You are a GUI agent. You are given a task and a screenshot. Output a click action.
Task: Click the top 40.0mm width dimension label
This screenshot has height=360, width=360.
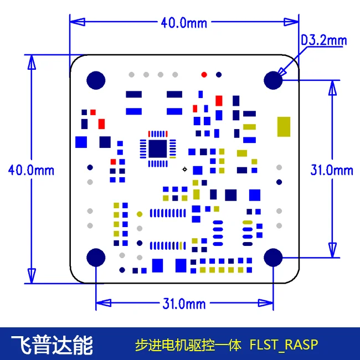click(184, 23)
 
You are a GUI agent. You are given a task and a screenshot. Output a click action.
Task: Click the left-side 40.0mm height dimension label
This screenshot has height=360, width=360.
click(31, 171)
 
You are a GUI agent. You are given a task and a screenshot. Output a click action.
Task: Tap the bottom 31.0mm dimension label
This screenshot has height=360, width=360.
click(184, 304)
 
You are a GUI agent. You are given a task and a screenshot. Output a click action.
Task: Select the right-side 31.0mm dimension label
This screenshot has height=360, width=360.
click(332, 171)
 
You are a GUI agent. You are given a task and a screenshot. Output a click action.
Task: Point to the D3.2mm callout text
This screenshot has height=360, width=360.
click(324, 40)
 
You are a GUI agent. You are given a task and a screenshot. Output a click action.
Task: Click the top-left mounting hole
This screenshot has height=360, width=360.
click(96, 80)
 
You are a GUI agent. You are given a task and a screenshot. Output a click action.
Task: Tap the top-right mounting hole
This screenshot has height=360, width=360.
click(273, 80)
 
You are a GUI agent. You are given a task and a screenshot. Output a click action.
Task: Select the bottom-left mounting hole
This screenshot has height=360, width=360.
click(96, 258)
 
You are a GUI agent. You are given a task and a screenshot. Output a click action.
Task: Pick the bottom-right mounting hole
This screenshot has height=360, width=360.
click(273, 258)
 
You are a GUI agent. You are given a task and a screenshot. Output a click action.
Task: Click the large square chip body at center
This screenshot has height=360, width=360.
click(157, 149)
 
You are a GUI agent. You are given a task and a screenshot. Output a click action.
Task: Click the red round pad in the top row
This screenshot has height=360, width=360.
click(204, 75)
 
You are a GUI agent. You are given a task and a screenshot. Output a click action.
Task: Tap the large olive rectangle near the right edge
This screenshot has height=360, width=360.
click(284, 127)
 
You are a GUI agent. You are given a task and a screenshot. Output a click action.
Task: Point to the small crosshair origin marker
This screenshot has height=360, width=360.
click(184, 169)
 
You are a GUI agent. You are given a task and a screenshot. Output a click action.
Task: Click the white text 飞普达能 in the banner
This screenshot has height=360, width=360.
click(52, 345)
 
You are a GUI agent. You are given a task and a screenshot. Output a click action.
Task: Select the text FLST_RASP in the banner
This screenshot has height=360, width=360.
click(284, 345)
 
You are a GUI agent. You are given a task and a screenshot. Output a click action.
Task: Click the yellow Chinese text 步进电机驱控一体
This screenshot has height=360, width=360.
click(188, 345)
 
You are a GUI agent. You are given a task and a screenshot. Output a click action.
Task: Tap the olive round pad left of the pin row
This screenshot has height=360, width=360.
click(140, 214)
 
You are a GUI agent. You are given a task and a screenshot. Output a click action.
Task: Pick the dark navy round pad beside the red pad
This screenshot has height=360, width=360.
click(219, 75)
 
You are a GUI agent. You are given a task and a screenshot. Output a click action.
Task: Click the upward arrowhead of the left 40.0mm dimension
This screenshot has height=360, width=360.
click(32, 62)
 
